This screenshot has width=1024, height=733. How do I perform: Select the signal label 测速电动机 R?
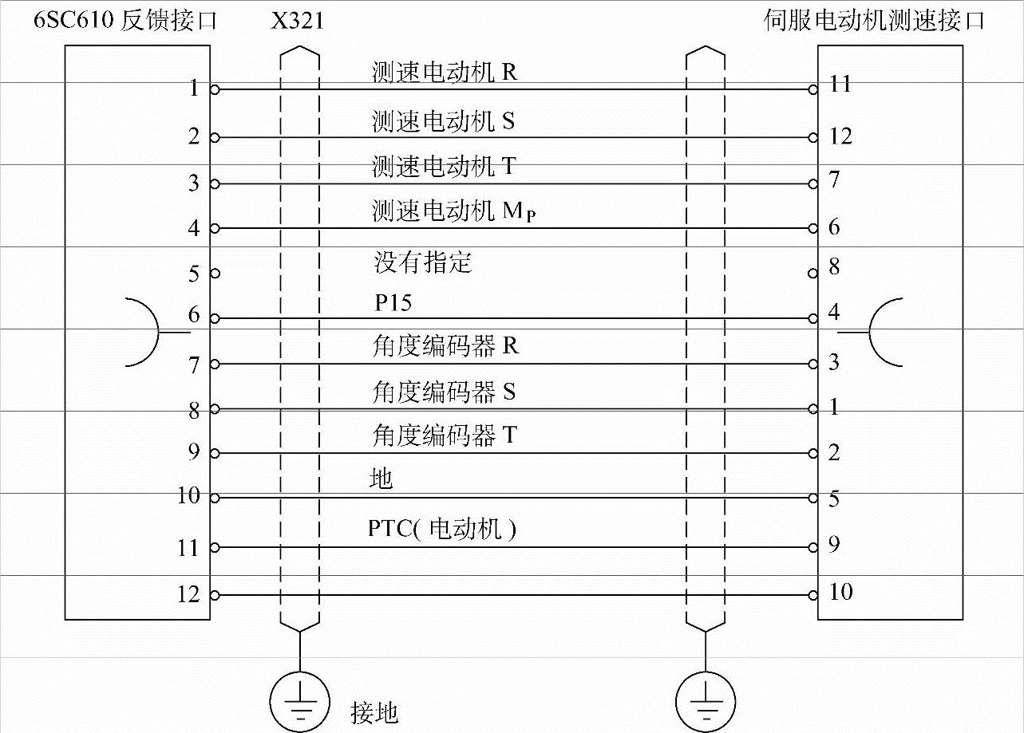445,73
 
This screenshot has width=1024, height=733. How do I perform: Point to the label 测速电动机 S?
443,120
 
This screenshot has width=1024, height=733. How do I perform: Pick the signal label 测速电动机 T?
444,166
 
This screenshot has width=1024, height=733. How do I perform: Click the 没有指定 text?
423,262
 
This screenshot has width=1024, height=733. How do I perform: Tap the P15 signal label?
393,303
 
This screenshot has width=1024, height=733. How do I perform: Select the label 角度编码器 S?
444,392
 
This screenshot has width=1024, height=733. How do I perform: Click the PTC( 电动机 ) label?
441,528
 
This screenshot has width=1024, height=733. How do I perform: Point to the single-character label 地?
382,479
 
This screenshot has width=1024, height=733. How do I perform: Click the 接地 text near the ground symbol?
374,712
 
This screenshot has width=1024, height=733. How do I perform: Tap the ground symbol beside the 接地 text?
300,699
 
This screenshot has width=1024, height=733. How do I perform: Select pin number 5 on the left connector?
194,274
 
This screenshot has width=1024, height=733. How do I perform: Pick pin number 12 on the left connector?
189,594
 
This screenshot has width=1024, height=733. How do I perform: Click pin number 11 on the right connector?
840,84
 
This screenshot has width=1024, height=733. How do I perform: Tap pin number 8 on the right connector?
833,266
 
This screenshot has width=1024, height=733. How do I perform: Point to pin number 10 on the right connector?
840,592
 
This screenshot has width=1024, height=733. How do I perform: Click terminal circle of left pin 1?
214,89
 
